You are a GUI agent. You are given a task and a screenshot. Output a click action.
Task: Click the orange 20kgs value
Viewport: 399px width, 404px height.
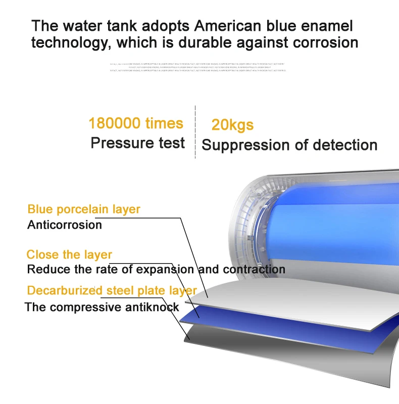(232, 125)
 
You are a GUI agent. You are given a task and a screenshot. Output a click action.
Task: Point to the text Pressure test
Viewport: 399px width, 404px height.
(138, 143)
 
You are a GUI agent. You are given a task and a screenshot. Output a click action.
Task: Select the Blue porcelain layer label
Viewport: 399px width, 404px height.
(84, 209)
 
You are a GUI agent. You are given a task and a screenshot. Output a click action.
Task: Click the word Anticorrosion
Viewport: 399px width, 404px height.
(65, 225)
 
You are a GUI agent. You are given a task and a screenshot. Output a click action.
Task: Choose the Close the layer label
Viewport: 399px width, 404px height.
(69, 255)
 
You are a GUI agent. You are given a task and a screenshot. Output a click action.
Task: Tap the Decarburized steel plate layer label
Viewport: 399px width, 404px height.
(112, 290)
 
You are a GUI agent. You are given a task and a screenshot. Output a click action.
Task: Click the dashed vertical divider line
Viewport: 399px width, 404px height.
(195, 131)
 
